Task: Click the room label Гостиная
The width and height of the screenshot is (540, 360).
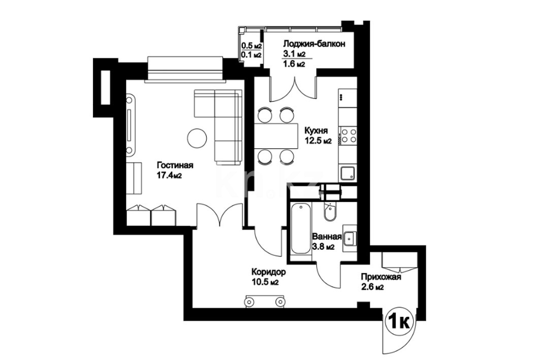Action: pyautogui.click(x=175, y=165)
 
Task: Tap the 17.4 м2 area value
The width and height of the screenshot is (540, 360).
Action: pyautogui.click(x=170, y=176)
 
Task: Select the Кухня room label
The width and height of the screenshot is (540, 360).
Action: pyautogui.click(x=316, y=131)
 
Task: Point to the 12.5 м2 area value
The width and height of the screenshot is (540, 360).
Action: pyautogui.click(x=318, y=141)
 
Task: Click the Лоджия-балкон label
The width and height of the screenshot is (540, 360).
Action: pyautogui.click(x=314, y=44)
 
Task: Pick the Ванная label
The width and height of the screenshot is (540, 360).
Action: pyautogui.click(x=327, y=237)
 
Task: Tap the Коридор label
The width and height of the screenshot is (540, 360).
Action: pyautogui.click(x=269, y=272)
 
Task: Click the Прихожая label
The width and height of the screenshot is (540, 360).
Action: pyautogui.click(x=381, y=277)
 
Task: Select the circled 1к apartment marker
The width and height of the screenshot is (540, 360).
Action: pyautogui.click(x=399, y=322)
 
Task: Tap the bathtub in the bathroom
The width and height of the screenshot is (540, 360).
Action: pyautogui.click(x=301, y=228)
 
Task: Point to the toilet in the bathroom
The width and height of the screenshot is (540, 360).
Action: pyautogui.click(x=330, y=211)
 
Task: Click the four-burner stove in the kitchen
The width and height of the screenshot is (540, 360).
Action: pyautogui.click(x=348, y=135)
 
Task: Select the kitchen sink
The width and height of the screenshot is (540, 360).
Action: pyautogui.click(x=348, y=173)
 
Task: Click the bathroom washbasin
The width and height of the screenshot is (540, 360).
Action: pyautogui.click(x=350, y=238)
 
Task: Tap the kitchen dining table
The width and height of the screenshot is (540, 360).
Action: pyautogui.click(x=276, y=136)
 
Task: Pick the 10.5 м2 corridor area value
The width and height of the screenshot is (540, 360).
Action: pyautogui.click(x=265, y=282)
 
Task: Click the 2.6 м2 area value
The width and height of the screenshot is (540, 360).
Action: pyautogui.click(x=372, y=287)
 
